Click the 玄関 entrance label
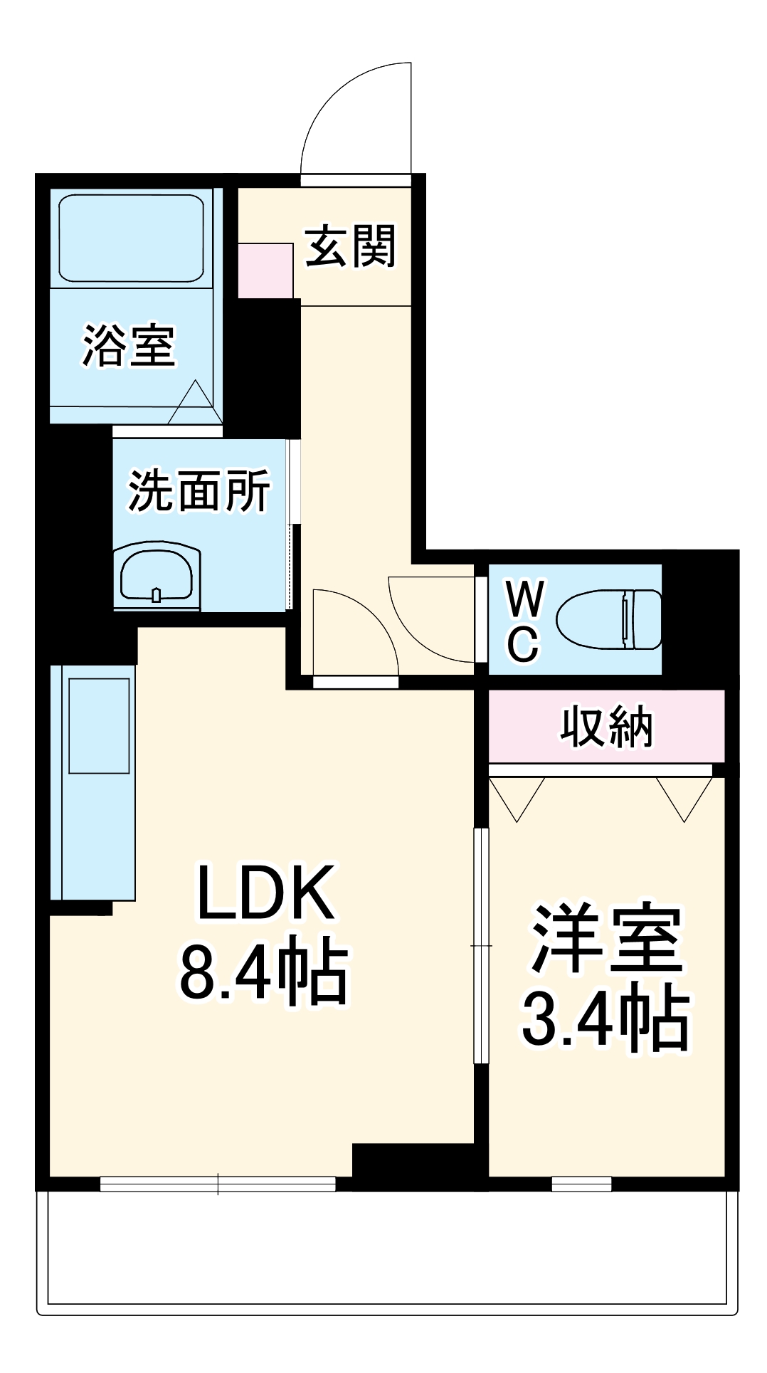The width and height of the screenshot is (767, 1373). click(x=350, y=247)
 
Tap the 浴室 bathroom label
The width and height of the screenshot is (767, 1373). click(x=129, y=346)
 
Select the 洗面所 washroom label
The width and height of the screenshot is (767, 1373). click(x=199, y=490)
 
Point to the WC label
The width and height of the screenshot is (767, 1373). click(x=524, y=621)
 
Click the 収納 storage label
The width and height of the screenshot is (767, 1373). click(x=606, y=727)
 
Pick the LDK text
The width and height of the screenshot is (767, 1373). click(x=265, y=893)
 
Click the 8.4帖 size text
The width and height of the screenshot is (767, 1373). click(x=264, y=974)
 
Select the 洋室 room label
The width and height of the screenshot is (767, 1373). click(x=606, y=939)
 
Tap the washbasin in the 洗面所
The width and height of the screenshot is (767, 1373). click(x=156, y=576)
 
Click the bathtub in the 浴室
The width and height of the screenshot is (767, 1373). click(x=132, y=238)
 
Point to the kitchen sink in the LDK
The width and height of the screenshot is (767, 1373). click(x=99, y=725)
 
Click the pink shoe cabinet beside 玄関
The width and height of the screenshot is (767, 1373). click(x=265, y=270)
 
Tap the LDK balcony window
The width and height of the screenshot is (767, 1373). click(x=218, y=1184)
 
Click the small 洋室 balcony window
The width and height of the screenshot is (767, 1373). click(x=581, y=1184)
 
